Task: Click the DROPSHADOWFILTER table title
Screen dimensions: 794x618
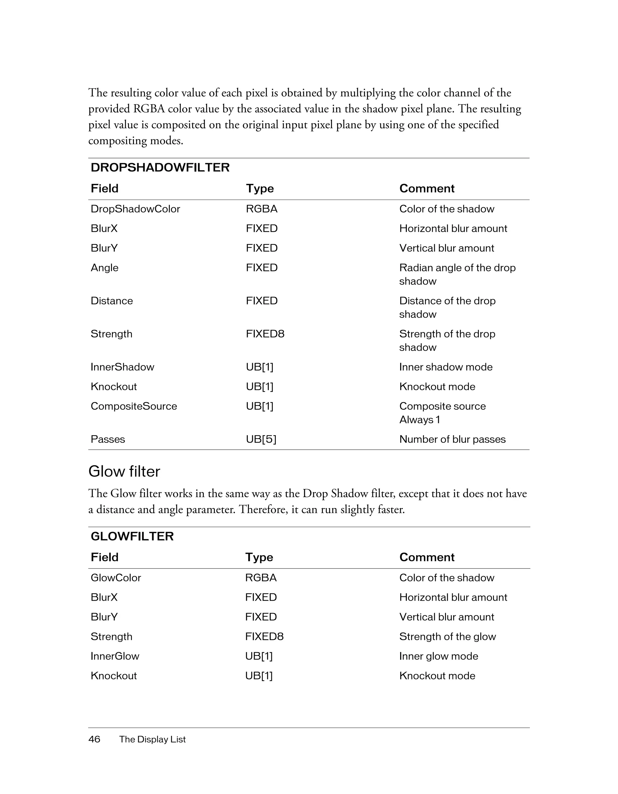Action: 160,168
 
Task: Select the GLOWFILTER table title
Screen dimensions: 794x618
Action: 132,536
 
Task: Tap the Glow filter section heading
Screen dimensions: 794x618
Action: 124,472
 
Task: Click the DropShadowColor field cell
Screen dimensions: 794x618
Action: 135,209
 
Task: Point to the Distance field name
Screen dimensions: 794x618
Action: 112,301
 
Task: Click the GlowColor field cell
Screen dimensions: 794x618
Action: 116,578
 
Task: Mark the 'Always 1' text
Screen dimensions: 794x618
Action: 419,419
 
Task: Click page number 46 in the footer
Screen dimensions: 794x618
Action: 94,739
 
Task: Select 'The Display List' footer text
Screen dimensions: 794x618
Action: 152,739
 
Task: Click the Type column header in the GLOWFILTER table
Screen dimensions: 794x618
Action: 259,557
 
